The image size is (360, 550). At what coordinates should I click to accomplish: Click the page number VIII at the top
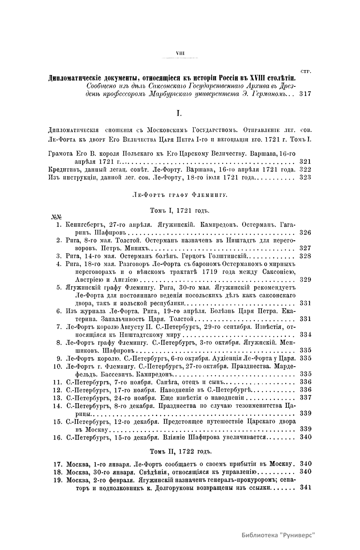pyautogui.click(x=180, y=53)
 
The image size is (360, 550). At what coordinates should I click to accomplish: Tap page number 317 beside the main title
pyautogui.click(x=305, y=94)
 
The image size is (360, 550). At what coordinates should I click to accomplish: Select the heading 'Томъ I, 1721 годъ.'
pyautogui.click(x=179, y=210)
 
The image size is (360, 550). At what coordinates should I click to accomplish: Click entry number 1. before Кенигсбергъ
pyautogui.click(x=59, y=224)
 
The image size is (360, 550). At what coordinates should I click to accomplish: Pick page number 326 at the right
pyautogui.click(x=305, y=232)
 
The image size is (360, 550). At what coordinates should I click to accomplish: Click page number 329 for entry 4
pyautogui.click(x=305, y=280)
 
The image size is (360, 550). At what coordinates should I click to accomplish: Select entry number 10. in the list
pyautogui.click(x=57, y=366)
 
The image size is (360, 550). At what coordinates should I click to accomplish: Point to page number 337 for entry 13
pyautogui.click(x=305, y=397)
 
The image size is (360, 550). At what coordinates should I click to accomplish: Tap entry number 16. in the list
pyautogui.click(x=57, y=437)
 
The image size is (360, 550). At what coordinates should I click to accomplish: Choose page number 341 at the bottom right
pyautogui.click(x=305, y=488)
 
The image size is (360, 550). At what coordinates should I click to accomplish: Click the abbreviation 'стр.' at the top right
pyautogui.click(x=305, y=71)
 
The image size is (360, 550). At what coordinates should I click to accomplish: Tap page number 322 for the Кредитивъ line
pyautogui.click(x=305, y=169)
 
